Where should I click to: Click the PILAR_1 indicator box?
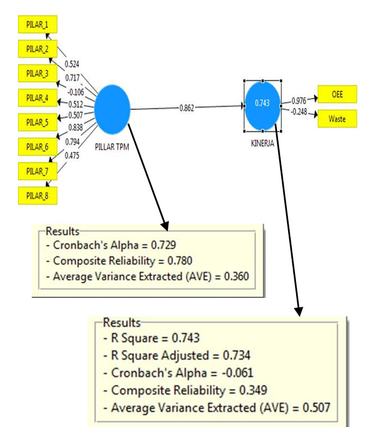pos(38,24)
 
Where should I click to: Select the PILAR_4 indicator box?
pos(38,97)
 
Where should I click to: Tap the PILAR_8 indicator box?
pos(38,195)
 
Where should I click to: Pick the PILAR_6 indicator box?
pos(38,146)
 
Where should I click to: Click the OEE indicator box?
pos(337,95)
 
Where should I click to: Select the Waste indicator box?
pos(337,119)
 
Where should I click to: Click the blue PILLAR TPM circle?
pos(112,109)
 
